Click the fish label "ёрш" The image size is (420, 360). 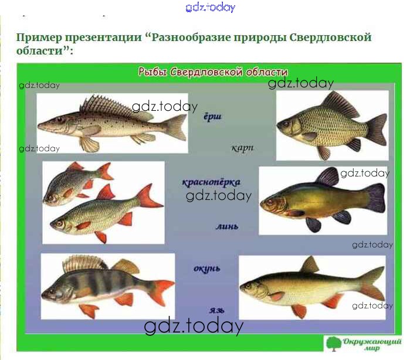pyautogui.click(x=212, y=117)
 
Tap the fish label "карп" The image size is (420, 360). pyautogui.click(x=242, y=148)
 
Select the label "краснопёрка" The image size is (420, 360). pyautogui.click(x=211, y=182)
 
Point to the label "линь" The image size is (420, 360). pyautogui.click(x=227, y=226)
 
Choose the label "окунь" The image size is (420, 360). pyautogui.click(x=207, y=269)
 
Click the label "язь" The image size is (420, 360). pyautogui.click(x=216, y=310)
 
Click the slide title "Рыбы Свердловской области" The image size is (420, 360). pyautogui.click(x=213, y=72)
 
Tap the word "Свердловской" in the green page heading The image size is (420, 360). pyautogui.click(x=330, y=37)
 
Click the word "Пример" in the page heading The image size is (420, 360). pyautogui.click(x=39, y=38)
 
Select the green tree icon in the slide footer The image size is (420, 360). pyautogui.click(x=334, y=344)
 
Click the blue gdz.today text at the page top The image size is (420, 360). pyautogui.click(x=210, y=7)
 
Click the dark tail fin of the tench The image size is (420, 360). pyautogui.click(x=375, y=198)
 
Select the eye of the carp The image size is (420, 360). pyautogui.click(x=287, y=124)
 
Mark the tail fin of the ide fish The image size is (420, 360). pyautogui.click(x=373, y=283)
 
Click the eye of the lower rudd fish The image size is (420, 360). pyautogui.click(x=59, y=223)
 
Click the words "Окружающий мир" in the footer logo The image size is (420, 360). pyautogui.click(x=372, y=345)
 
